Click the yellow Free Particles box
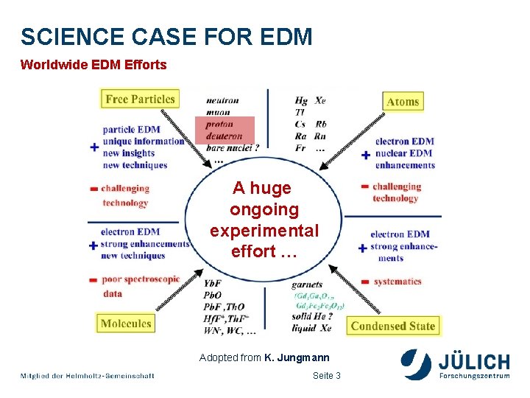point(140,99)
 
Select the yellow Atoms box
point(403,102)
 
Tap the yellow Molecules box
point(126,323)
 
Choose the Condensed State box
point(393,326)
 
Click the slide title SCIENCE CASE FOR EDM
point(166,36)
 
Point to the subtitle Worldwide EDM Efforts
point(93,65)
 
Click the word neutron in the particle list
point(222,101)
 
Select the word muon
point(218,113)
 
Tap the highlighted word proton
point(219,125)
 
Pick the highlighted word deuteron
point(224,136)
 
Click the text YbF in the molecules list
point(213,284)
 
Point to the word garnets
point(307,284)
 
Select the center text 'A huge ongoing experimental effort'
point(264,220)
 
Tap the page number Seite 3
point(327,376)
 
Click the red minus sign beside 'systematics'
point(365,282)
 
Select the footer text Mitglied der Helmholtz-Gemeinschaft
point(88,376)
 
